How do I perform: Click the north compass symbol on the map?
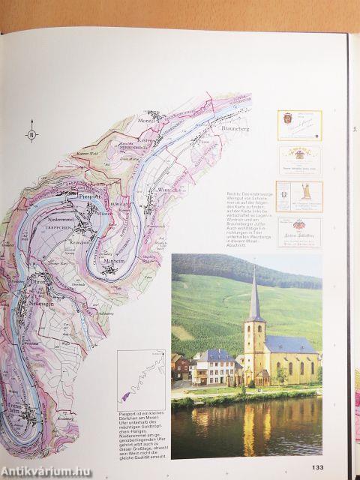point(31,135)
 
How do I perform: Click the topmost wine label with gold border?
point(299,125)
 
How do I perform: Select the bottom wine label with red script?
point(299,232)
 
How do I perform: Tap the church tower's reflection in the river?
point(251,427)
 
